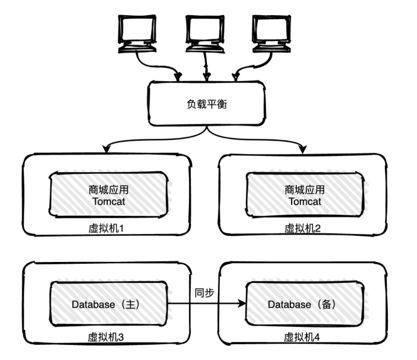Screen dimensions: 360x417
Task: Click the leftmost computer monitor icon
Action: [138, 32]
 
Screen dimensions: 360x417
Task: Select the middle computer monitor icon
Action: [205, 32]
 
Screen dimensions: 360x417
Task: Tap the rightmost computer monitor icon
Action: [273, 32]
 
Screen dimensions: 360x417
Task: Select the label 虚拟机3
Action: [106, 337]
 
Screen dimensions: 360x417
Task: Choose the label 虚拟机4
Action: [302, 337]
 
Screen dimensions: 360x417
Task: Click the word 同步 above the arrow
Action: [204, 292]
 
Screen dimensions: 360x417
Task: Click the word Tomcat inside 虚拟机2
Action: [303, 202]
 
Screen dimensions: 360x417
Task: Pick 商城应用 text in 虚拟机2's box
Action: [303, 190]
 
